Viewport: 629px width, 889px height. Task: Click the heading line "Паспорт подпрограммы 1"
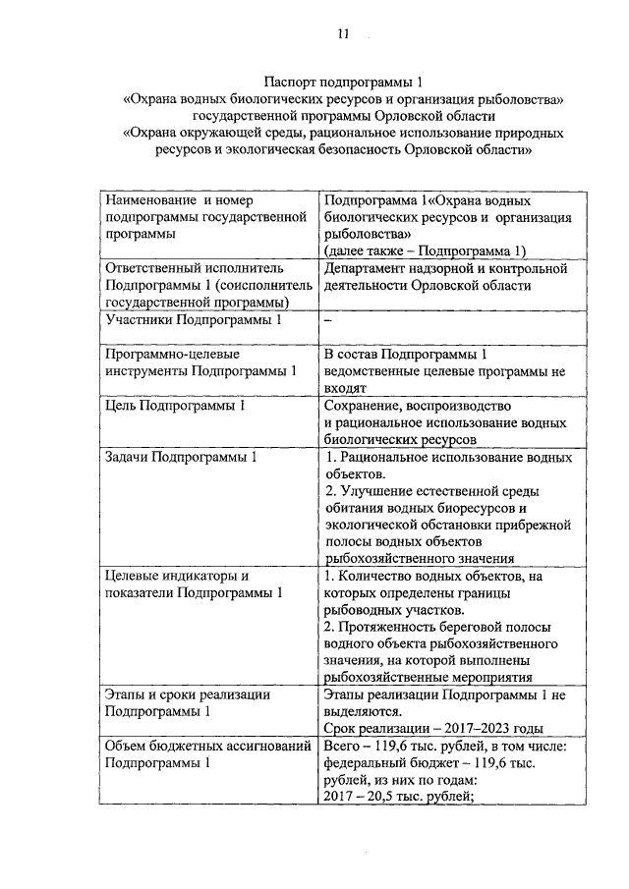343,83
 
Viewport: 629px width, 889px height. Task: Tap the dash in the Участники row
327,319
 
